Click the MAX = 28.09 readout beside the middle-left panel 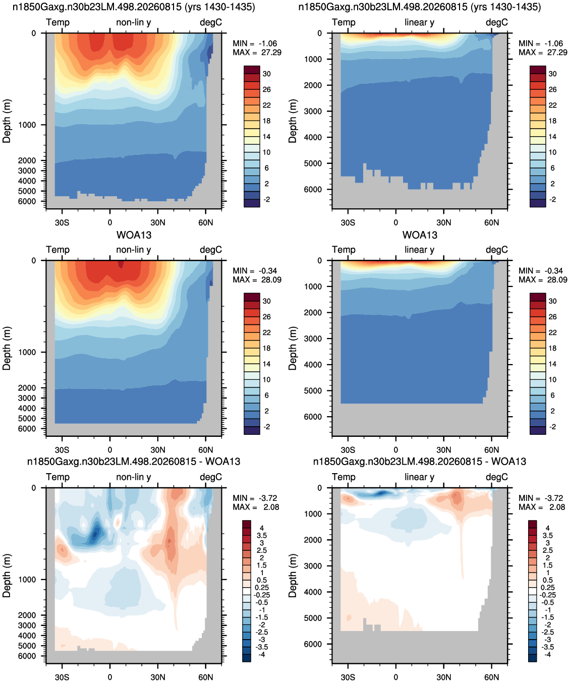pos(257,279)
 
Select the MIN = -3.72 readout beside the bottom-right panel pos(541,498)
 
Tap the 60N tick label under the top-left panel pos(205,222)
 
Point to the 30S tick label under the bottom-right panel pos(348,677)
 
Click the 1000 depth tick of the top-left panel pos(27,125)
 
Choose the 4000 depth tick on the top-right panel pos(313,137)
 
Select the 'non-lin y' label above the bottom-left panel pos(134,477)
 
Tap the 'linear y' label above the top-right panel pos(420,22)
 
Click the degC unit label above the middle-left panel pos(211,250)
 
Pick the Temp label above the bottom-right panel pos(344,477)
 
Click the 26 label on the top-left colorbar pos(267,89)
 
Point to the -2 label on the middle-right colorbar pos(553,427)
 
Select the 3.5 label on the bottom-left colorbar pos(262,536)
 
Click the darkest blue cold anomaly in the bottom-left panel pos(95,534)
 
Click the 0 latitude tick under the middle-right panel pos(396,449)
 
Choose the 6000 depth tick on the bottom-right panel pos(313,644)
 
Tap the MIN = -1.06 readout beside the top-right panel pos(541,43)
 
